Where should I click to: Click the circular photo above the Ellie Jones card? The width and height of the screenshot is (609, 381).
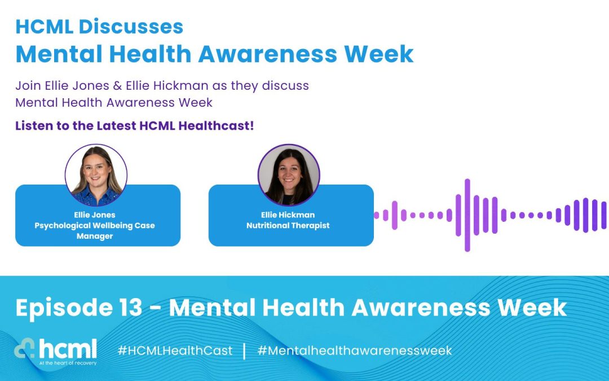[x=96, y=176]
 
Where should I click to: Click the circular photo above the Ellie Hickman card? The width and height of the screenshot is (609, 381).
[x=289, y=174]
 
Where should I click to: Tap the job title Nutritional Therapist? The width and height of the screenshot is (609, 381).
[x=288, y=225]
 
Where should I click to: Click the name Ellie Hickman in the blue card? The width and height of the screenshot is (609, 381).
[x=289, y=214]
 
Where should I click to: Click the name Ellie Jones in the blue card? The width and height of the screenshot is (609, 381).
[x=95, y=214]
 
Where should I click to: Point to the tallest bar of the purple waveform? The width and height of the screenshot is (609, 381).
[x=467, y=215]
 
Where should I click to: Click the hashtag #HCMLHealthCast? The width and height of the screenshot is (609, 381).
[x=175, y=351]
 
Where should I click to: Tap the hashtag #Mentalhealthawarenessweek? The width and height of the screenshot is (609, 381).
[x=354, y=351]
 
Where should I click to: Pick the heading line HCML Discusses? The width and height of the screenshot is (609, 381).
[x=99, y=27]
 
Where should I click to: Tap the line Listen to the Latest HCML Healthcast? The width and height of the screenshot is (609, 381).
[x=134, y=125]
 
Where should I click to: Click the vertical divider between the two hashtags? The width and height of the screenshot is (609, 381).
[x=245, y=351]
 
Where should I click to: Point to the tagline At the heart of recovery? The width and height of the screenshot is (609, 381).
[x=68, y=363]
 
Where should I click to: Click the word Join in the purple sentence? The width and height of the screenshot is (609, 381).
[x=27, y=86]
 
